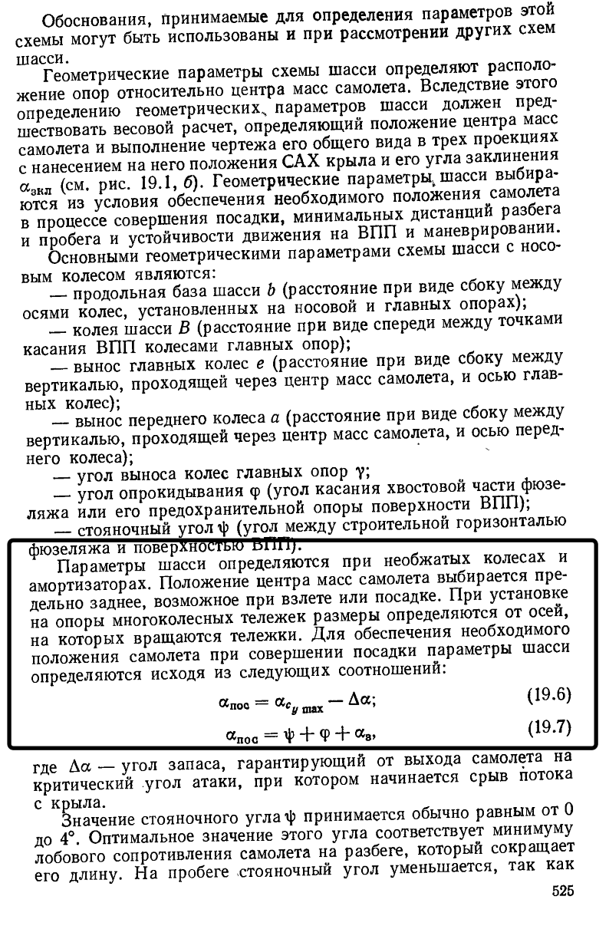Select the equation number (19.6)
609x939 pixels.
(549, 695)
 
